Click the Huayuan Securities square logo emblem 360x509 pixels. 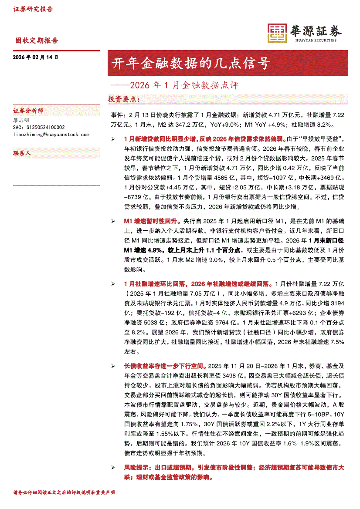276,33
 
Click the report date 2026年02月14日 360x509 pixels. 36,57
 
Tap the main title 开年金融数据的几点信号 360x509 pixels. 191,64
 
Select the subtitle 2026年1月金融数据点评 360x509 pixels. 179,84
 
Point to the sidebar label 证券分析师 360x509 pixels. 28,111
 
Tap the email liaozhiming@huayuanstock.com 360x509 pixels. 51,135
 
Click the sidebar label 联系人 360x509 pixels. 22,154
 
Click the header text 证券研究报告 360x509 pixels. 33,9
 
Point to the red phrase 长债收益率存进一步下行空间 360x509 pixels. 166,366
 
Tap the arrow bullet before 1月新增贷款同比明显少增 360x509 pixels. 113,139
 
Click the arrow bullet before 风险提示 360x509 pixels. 113,467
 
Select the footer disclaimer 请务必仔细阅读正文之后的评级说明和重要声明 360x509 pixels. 64,492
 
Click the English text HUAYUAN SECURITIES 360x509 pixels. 316,40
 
